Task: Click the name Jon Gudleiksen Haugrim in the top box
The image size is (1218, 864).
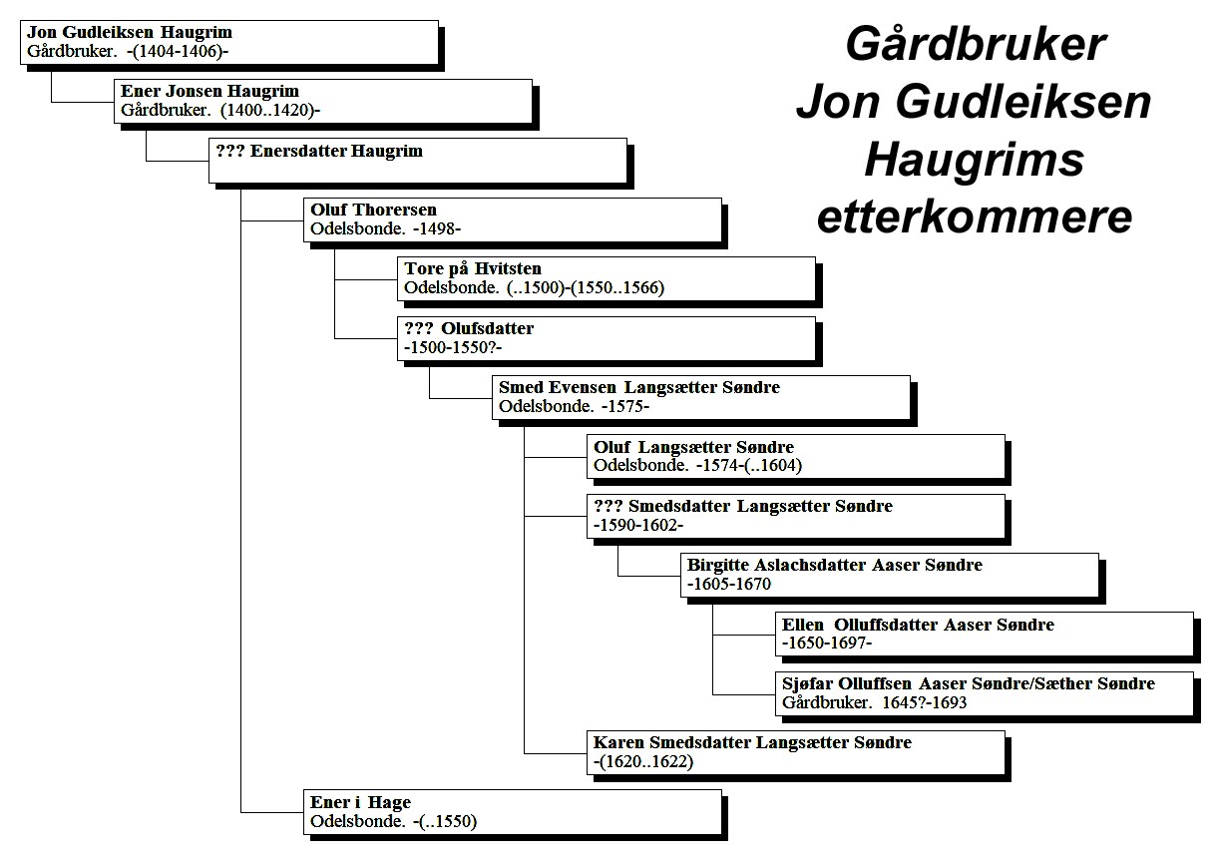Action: [x=130, y=33]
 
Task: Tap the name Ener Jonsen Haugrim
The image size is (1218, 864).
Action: [x=209, y=91]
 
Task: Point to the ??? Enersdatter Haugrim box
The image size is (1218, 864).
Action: [x=418, y=161]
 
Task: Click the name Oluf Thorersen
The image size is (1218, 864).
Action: [x=373, y=210]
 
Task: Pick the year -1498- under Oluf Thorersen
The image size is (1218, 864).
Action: [x=437, y=228]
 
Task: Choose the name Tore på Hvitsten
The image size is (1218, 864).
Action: [x=473, y=268]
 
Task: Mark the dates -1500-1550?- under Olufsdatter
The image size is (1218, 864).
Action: [x=453, y=347]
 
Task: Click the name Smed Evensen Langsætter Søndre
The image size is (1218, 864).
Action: [x=639, y=387]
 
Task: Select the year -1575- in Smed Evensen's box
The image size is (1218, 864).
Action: [x=625, y=407]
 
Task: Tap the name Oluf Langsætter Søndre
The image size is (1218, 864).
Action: [x=694, y=447]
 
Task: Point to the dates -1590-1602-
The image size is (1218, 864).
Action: [x=638, y=525]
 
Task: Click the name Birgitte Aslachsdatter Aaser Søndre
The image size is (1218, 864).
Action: [x=835, y=565]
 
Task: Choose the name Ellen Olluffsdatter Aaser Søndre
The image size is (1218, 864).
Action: [x=918, y=625]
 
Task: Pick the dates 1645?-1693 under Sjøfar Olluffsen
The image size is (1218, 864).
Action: [x=925, y=702]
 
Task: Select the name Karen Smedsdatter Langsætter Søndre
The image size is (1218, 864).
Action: [x=752, y=742]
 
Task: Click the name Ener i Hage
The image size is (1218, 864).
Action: [x=360, y=802]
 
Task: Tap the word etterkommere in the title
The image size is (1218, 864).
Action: [x=975, y=217]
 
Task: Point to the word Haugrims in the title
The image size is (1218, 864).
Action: [x=975, y=160]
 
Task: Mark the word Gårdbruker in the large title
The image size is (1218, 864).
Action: [x=976, y=44]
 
